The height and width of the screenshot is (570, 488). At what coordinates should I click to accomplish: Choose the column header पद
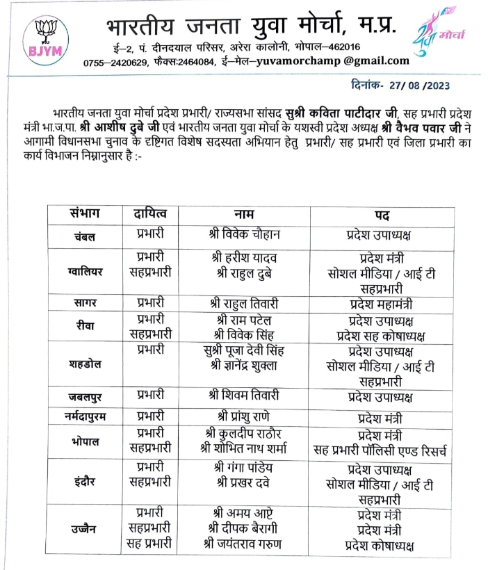(382, 215)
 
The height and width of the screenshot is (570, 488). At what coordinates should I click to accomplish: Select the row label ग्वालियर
(83, 271)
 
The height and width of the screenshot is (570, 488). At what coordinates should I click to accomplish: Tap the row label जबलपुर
(83, 397)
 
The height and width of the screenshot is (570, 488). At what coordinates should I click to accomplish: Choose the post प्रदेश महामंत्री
(382, 303)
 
